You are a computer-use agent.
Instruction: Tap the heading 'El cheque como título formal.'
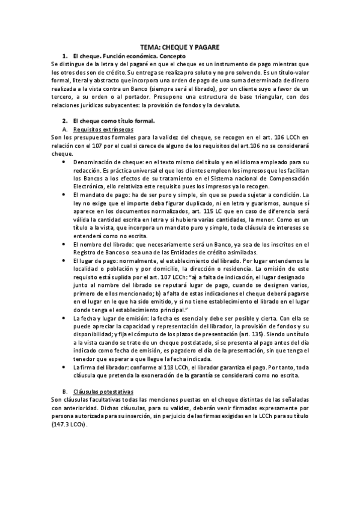[113, 120]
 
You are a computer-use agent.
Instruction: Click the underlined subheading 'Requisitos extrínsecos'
[103, 129]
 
